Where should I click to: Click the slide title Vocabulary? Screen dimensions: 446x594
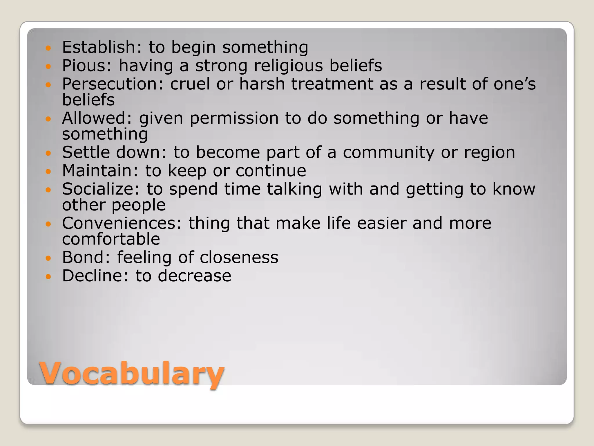[x=132, y=374]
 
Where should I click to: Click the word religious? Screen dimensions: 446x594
[x=288, y=66]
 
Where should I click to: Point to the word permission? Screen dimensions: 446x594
[x=234, y=118]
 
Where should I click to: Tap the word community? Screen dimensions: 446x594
[x=388, y=152]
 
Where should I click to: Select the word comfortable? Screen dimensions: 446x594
[x=111, y=239]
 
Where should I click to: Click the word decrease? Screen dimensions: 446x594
[x=194, y=276]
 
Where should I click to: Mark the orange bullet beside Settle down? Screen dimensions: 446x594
[x=48, y=153]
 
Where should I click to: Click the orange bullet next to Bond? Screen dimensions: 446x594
[x=48, y=258]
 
